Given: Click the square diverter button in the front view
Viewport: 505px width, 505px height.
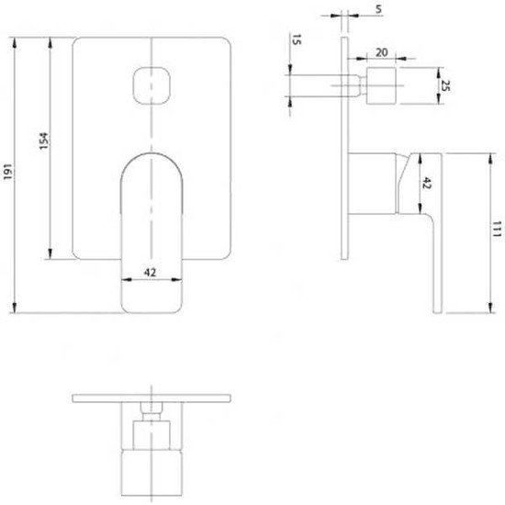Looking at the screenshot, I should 151,84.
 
